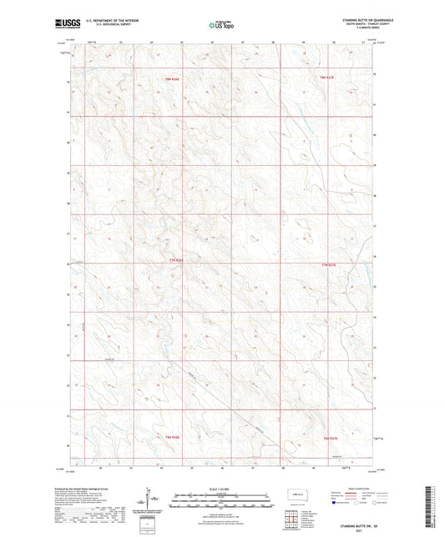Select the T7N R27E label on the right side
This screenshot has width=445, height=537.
(x=328, y=263)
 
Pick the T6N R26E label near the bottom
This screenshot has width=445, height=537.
(x=172, y=438)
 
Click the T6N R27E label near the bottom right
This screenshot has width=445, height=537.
(x=329, y=438)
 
